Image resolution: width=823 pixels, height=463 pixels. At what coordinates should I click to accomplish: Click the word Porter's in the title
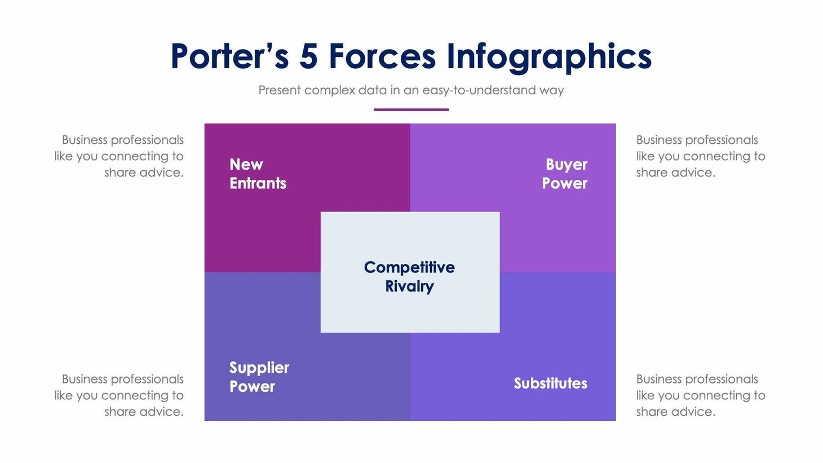pos(229,56)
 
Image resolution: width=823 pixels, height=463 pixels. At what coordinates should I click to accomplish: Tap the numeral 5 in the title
pos(308,56)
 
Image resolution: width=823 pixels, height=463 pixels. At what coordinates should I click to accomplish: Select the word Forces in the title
pos(382,56)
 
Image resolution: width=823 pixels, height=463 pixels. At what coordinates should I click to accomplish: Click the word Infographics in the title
pos(549,58)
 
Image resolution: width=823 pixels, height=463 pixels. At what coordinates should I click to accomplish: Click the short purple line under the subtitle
pos(411,109)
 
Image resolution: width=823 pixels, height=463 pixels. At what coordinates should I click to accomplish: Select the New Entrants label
pos(258,174)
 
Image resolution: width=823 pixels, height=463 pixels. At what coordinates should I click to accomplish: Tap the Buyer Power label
pos(565,174)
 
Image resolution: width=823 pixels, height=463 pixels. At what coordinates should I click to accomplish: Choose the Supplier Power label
pos(259,377)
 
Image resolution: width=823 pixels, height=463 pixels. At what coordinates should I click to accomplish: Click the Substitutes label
pos(550,383)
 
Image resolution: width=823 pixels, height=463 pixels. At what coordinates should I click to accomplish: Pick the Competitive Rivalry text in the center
pos(409,276)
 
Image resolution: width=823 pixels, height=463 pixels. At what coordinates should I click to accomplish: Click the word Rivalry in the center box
pos(409,286)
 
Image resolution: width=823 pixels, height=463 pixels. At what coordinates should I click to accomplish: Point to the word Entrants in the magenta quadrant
pos(258,183)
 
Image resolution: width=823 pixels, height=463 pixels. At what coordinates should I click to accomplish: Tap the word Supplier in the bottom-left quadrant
pos(259,368)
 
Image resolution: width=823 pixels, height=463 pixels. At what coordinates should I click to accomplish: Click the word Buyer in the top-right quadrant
pos(566,165)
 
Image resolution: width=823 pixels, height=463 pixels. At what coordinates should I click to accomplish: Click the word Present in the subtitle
pos(279,90)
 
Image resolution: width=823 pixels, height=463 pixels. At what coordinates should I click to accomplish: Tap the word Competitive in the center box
pos(409,267)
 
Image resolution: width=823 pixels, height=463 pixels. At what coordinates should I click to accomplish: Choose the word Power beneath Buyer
pos(564,183)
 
